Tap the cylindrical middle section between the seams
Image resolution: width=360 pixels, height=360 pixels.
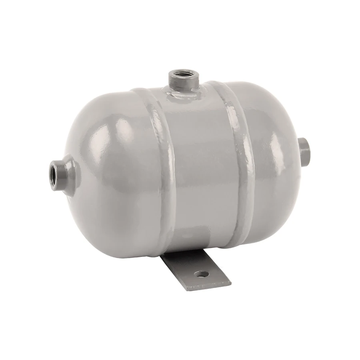click(x=200, y=168)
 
